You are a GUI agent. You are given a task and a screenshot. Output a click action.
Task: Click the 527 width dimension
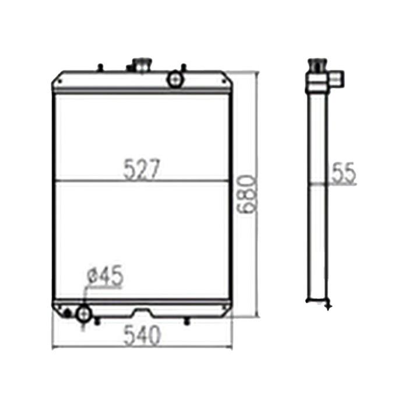142,170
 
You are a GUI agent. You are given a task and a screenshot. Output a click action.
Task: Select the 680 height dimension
247,194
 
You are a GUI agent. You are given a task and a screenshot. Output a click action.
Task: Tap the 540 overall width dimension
142,336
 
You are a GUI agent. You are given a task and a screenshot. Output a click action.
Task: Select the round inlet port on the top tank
174,80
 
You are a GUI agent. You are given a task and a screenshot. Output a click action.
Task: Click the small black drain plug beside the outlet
69,314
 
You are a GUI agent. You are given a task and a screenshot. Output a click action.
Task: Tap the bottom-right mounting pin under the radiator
186,320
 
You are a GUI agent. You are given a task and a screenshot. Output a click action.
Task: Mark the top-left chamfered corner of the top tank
57,75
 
